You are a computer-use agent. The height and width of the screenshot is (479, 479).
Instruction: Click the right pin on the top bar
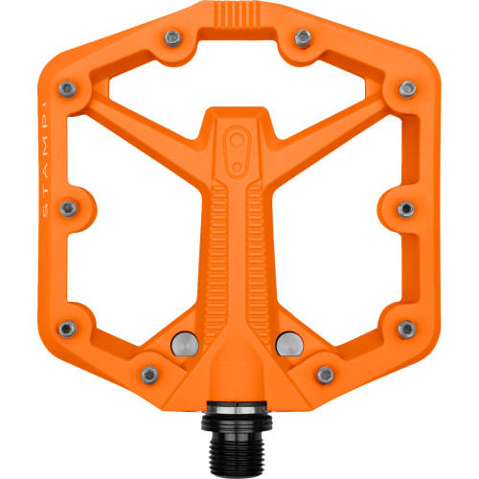click(302, 38)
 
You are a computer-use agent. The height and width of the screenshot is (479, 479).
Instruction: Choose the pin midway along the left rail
click(75, 207)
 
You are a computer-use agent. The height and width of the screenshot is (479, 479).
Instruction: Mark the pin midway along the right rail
click(404, 207)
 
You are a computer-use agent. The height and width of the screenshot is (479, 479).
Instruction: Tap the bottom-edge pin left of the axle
click(147, 372)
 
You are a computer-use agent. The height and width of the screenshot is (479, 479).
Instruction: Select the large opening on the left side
click(134, 230)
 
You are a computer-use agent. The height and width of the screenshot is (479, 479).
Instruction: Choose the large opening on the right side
click(345, 230)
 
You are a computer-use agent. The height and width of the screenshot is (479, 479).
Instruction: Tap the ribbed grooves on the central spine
click(239, 239)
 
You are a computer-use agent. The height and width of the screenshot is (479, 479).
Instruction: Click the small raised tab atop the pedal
click(239, 13)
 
